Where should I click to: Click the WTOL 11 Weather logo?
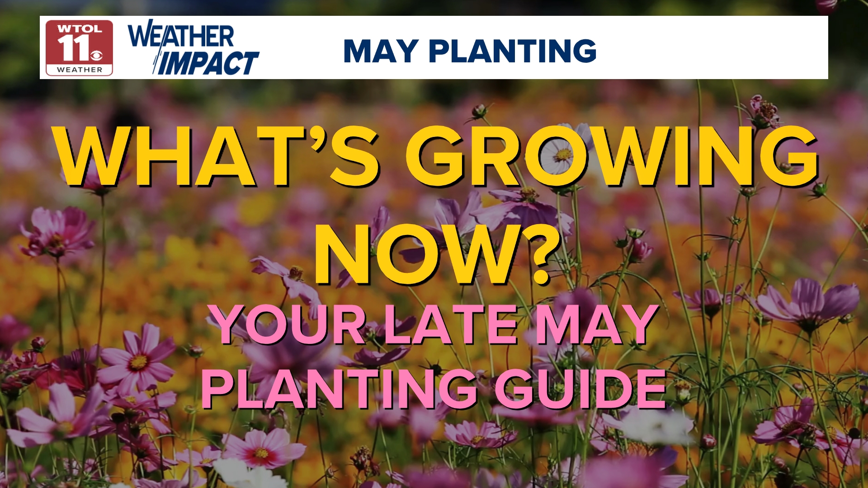coord(79,48)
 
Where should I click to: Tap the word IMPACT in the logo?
coord(208,63)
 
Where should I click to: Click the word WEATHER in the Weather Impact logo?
coord(181,35)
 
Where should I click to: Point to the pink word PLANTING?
coord(340,389)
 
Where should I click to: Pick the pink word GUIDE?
coord(580,389)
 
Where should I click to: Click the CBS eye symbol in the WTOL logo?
coord(97,56)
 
